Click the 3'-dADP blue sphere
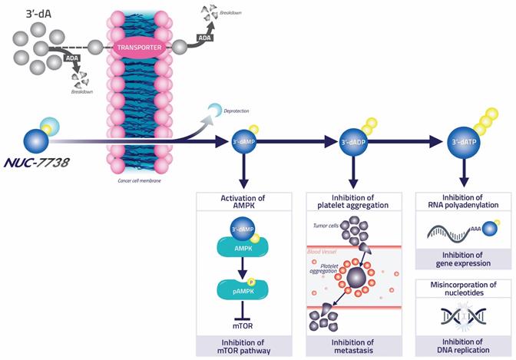pos(353,143)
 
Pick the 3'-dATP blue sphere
pos(463,142)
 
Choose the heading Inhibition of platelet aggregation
pos(353,201)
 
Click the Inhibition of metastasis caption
pos(353,345)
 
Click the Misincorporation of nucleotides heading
pos(463,289)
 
